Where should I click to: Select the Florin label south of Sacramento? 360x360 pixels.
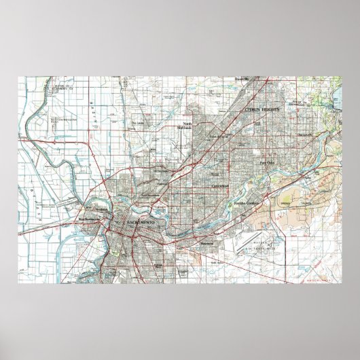(x=158, y=266)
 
